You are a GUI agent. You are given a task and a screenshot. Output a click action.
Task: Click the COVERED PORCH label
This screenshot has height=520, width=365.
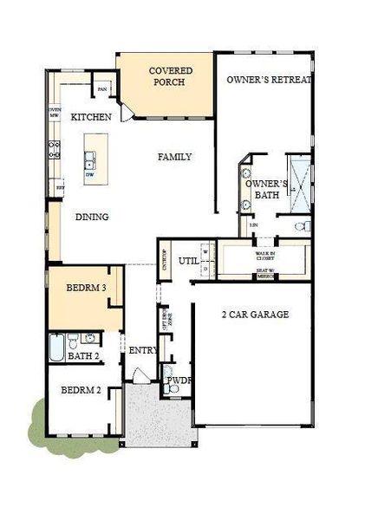pyautogui.click(x=170, y=77)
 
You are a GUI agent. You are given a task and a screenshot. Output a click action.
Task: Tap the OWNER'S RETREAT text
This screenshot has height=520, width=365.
pyautogui.click(x=269, y=80)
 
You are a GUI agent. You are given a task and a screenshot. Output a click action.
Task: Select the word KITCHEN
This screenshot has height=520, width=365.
pyautogui.click(x=91, y=117)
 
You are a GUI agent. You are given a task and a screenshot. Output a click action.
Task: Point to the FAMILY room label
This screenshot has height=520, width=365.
pyautogui.click(x=174, y=157)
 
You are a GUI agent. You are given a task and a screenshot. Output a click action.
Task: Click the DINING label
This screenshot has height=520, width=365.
pyautogui.click(x=91, y=217)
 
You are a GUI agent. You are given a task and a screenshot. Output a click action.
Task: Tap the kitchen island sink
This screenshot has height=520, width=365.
pyautogui.click(x=89, y=159)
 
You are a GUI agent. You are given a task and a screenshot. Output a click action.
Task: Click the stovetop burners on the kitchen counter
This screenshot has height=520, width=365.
pyautogui.click(x=55, y=149)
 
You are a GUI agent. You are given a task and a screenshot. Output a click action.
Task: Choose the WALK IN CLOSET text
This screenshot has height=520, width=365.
pyautogui.click(x=265, y=256)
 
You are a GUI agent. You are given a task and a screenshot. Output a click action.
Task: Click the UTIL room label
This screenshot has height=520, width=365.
pyautogui.click(x=188, y=260)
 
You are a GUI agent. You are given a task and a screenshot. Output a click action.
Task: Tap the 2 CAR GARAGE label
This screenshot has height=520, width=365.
pyautogui.click(x=255, y=315)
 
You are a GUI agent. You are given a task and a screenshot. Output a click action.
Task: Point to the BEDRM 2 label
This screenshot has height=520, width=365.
pyautogui.click(x=81, y=390)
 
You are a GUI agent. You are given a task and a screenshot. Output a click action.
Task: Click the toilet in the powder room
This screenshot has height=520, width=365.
pyautogui.click(x=173, y=389)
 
